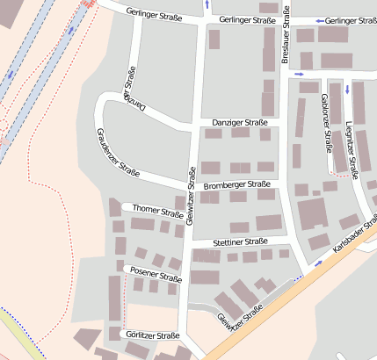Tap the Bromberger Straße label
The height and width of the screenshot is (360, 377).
(236, 185)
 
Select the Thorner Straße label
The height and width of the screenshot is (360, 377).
(158, 211)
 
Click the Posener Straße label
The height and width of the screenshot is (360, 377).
(156, 274)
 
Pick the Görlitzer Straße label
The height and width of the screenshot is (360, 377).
(152, 335)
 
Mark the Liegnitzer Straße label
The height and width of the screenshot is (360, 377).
(352, 149)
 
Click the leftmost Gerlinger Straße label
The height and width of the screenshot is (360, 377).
(139, 11)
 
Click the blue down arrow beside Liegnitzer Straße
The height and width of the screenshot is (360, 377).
(347, 90)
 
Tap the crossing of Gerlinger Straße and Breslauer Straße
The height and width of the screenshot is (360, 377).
(285, 19)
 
